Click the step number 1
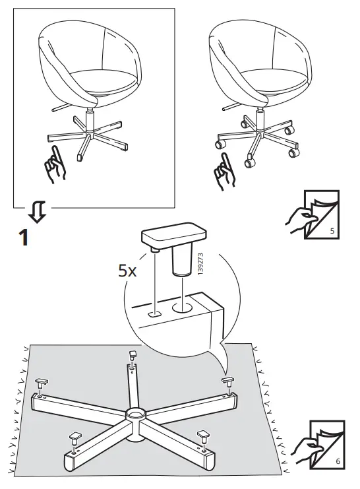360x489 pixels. tap(22, 238)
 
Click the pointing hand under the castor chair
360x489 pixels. tap(225, 168)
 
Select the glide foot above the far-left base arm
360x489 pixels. tap(41, 383)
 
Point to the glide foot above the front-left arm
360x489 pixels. tap(73, 438)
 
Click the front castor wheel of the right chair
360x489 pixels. tap(250, 160)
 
